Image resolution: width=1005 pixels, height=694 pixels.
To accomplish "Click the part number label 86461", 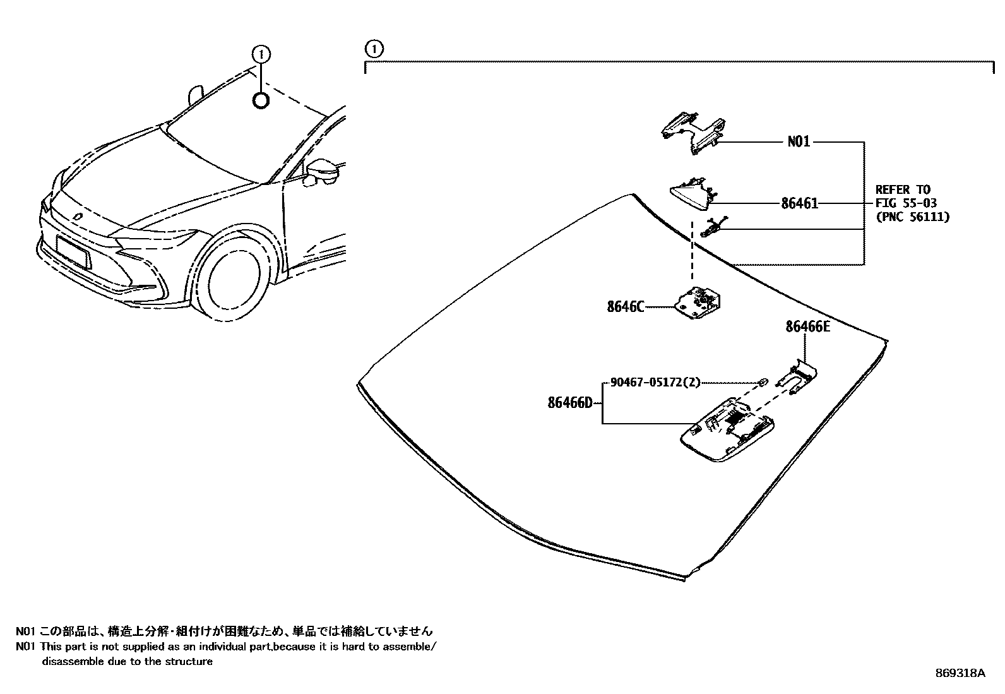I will (799, 204).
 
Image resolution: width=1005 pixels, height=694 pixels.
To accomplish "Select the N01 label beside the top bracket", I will (799, 142).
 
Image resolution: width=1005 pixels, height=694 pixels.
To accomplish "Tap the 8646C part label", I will (626, 307).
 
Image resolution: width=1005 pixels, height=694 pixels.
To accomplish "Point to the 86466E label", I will (807, 326).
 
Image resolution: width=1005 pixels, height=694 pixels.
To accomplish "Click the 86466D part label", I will (570, 402).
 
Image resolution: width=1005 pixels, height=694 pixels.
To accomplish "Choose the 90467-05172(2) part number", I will (655, 382).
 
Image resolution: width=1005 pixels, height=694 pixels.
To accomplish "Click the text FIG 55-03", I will (906, 203).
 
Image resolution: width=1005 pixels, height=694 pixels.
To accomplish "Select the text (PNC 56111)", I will (912, 217).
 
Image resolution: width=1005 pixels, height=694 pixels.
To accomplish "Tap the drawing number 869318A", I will (960, 673).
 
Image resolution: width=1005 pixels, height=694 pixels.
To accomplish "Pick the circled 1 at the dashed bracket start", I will (374, 49).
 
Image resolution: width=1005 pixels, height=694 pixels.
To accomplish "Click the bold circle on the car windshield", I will (261, 100).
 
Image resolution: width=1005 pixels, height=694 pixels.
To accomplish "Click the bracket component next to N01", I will (691, 131).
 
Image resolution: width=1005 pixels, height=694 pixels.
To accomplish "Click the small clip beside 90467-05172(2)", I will (763, 381).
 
